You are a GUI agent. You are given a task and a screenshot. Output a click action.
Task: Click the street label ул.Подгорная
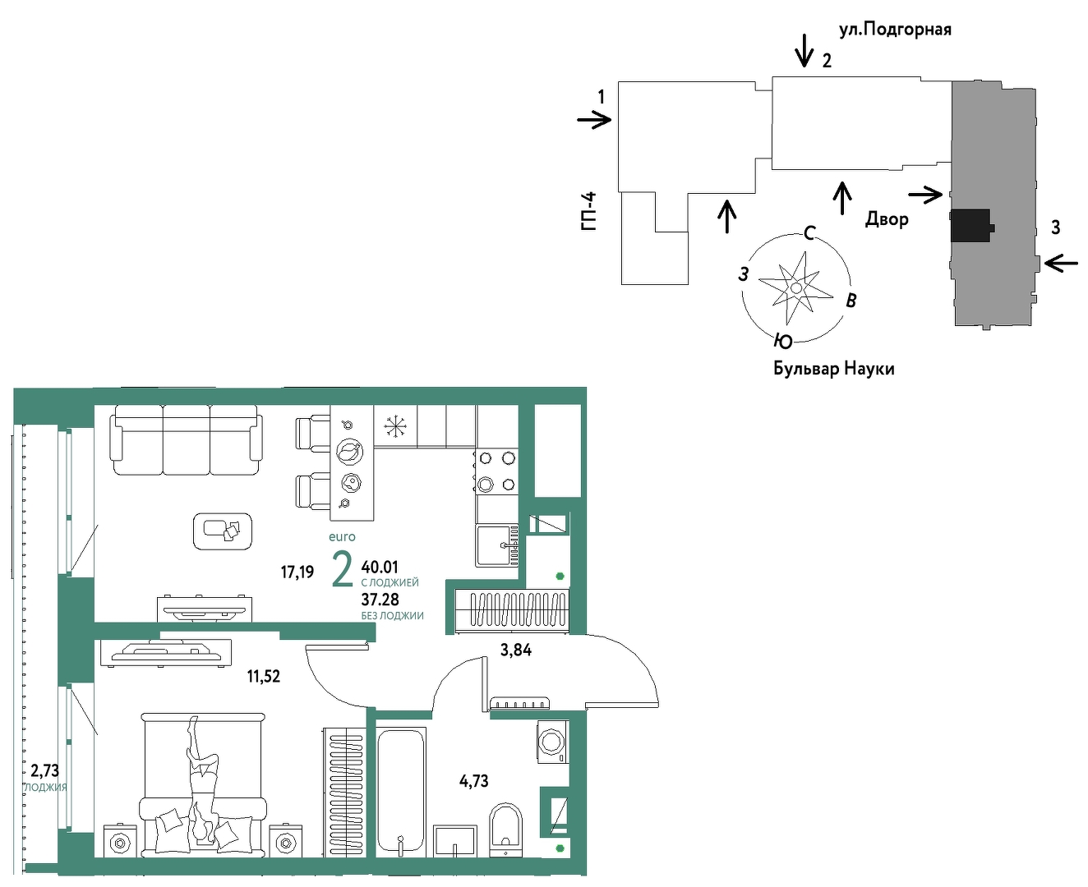pyautogui.click(x=895, y=30)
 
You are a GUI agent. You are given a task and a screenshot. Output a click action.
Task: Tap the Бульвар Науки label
pyautogui.click(x=834, y=369)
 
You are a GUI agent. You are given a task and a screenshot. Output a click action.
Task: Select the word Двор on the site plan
pyautogui.click(x=887, y=219)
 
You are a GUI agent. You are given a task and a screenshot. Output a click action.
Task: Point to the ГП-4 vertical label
pyautogui.click(x=588, y=211)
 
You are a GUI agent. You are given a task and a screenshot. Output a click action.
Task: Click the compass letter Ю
pyautogui.click(x=783, y=341)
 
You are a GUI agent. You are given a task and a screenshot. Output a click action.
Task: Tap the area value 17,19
pyautogui.click(x=297, y=572)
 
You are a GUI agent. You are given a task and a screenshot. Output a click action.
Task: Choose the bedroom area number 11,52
pyautogui.click(x=264, y=676)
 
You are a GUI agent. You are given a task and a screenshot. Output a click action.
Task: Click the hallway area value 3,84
pyautogui.click(x=516, y=650)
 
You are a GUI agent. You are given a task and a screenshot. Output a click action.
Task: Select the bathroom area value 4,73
pyautogui.click(x=473, y=781)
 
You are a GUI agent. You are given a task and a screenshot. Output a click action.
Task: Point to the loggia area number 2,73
pyautogui.click(x=45, y=770)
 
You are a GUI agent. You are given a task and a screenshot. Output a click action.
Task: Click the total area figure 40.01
pyautogui.click(x=380, y=568)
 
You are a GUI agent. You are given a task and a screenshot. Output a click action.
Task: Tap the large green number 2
pyautogui.click(x=342, y=569)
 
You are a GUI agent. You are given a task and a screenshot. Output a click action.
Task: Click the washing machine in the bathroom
pyautogui.click(x=552, y=742)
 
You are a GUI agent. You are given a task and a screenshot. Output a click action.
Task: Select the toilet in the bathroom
pyautogui.click(x=505, y=830)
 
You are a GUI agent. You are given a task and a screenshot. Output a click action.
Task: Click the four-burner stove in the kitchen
pyautogui.click(x=496, y=471)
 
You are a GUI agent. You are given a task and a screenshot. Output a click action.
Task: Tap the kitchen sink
pyautogui.click(x=497, y=545)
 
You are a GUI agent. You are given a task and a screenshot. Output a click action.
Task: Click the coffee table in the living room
pyautogui.click(x=223, y=531)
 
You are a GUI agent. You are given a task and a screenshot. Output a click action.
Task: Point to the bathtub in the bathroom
pyautogui.click(x=401, y=792)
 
